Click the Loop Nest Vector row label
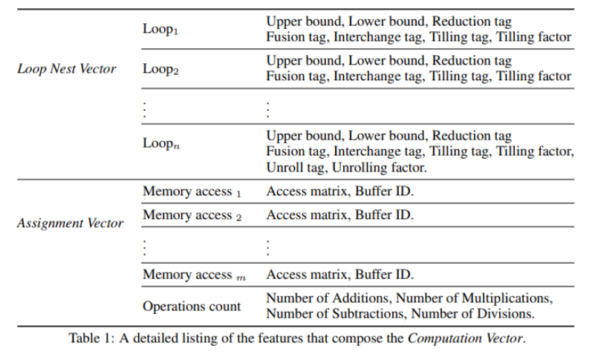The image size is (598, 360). pos(67,70)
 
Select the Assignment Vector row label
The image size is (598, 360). pos(70,223)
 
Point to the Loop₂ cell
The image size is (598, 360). pos(160,69)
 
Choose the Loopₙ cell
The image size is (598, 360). pos(160,144)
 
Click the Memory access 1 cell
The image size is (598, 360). pos(192,192)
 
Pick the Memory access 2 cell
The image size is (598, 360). pos(192,215)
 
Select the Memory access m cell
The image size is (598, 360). pos(194,275)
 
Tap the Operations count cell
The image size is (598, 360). pos(192,306)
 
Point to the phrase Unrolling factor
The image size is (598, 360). pos(378,167)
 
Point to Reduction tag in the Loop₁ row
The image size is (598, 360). pos(472,22)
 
